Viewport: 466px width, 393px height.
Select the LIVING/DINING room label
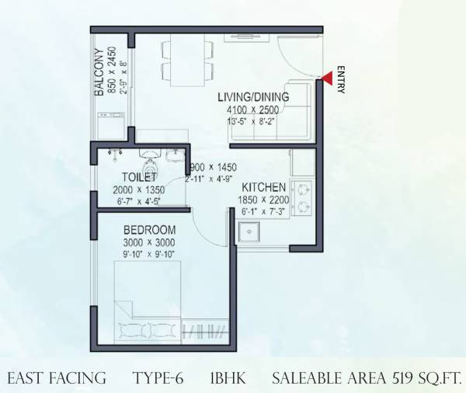pyautogui.click(x=253, y=97)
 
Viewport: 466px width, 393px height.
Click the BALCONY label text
pyautogui.click(x=99, y=72)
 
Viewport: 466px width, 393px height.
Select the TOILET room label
pyautogui.click(x=129, y=177)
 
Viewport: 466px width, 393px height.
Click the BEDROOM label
pyautogui.click(x=149, y=231)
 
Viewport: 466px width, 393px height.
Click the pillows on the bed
pyautogui.click(x=141, y=329)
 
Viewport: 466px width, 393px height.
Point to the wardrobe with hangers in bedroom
pyautogui.click(x=203, y=332)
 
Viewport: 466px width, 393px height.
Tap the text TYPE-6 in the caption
pyautogui.click(x=158, y=378)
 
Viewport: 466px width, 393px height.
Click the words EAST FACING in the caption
pyautogui.click(x=57, y=378)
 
